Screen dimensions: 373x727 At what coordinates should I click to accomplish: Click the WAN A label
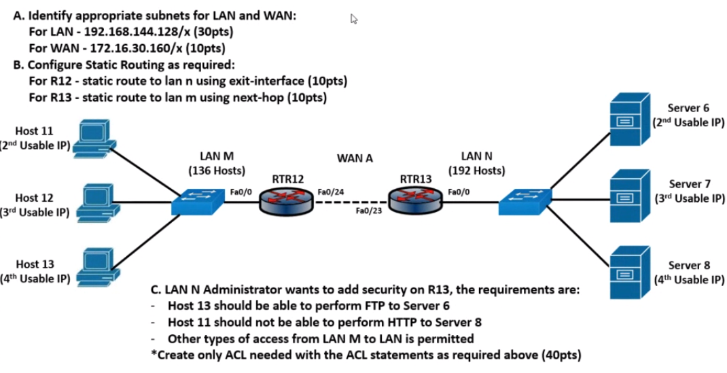355,158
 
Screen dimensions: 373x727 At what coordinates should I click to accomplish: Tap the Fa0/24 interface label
330,192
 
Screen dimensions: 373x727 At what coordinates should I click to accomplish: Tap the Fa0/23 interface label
369,211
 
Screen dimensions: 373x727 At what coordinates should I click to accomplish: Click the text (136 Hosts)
217,170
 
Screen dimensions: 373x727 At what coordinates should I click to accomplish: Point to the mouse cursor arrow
353,19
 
